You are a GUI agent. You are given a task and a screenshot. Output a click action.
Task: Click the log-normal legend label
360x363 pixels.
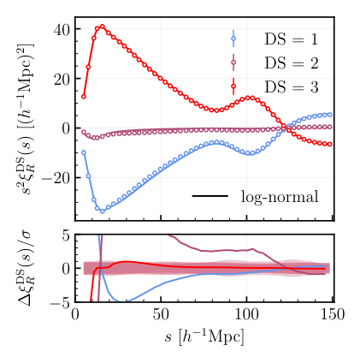pos(279,197)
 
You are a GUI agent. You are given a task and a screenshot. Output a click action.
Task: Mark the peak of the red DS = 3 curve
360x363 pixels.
pos(102,27)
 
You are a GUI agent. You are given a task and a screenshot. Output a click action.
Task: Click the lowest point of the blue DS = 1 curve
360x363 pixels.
pos(102,211)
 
